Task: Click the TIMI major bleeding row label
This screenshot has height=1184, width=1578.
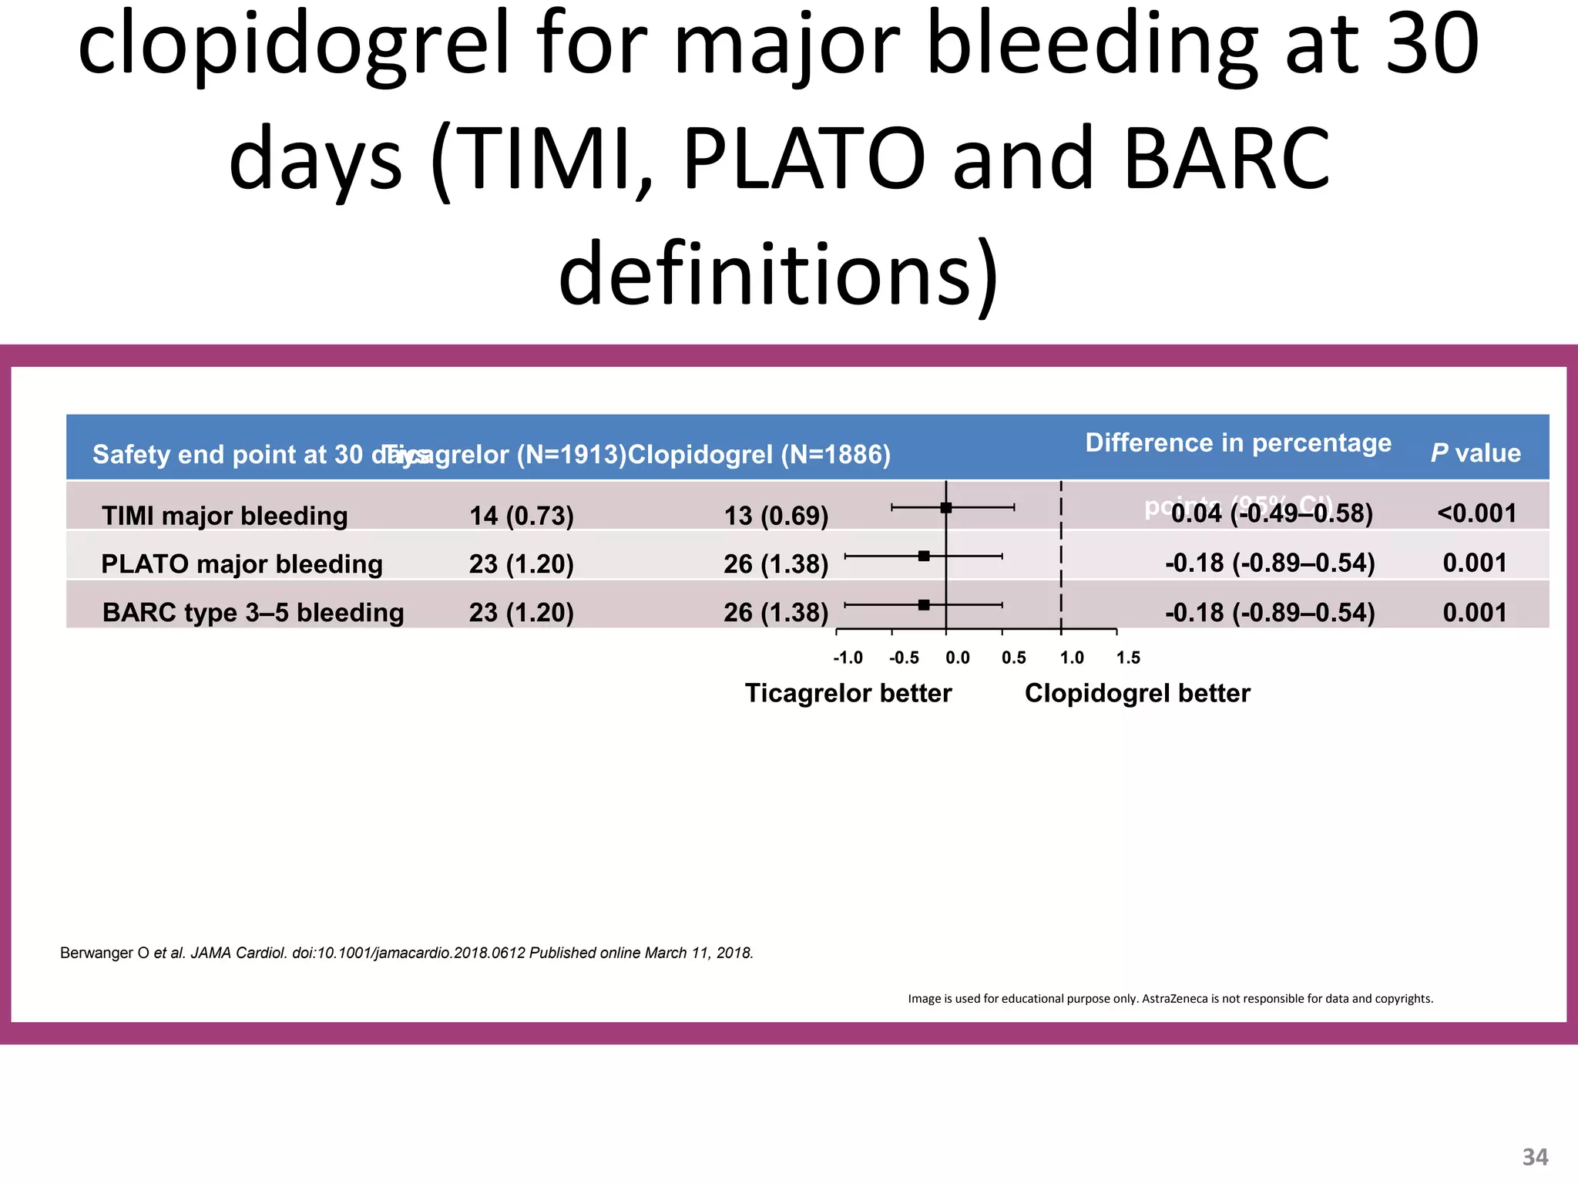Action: [224, 516]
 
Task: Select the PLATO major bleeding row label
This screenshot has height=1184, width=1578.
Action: [241, 564]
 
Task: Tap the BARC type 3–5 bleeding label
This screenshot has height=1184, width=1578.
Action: [253, 613]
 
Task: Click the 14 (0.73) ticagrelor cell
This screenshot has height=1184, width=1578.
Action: [521, 516]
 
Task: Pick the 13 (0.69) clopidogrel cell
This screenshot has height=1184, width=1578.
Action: [775, 516]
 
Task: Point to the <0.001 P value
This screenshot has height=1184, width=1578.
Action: [1476, 513]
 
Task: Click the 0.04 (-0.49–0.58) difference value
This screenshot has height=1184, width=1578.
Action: [1271, 513]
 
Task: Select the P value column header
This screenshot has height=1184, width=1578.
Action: [1475, 453]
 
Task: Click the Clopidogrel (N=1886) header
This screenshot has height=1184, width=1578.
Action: [759, 455]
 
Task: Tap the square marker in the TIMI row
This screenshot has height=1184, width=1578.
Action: [946, 507]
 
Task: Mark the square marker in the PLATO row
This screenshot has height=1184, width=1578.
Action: [924, 556]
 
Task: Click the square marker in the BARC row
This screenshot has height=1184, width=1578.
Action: [924, 605]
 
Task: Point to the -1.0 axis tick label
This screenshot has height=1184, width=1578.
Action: [848, 658]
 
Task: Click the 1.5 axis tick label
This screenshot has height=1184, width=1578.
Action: [1128, 658]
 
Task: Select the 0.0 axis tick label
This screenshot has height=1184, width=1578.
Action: [957, 658]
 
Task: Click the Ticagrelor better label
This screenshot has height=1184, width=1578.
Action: [848, 693]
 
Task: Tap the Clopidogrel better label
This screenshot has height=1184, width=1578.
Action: [1136, 693]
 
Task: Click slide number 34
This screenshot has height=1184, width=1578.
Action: [1535, 1157]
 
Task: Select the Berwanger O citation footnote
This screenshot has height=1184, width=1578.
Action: [406, 953]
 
